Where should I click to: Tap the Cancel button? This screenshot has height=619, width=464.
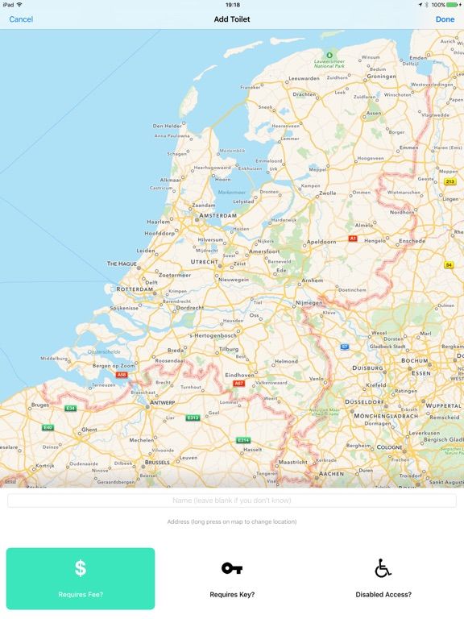(21, 19)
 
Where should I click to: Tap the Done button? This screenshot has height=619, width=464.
(445, 19)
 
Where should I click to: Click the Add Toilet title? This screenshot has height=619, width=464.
(232, 19)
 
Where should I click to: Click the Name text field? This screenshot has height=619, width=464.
(232, 501)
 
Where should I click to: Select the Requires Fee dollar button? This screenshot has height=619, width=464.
(81, 578)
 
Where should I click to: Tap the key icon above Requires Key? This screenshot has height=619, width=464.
(232, 568)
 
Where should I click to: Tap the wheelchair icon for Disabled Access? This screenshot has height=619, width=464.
(383, 568)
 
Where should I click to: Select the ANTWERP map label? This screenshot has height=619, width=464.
(164, 403)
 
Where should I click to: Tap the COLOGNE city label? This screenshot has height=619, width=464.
(389, 447)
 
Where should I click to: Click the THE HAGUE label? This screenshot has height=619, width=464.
(123, 263)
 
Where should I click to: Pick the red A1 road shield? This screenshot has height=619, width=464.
(352, 239)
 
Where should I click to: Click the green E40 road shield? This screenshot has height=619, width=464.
(48, 427)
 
